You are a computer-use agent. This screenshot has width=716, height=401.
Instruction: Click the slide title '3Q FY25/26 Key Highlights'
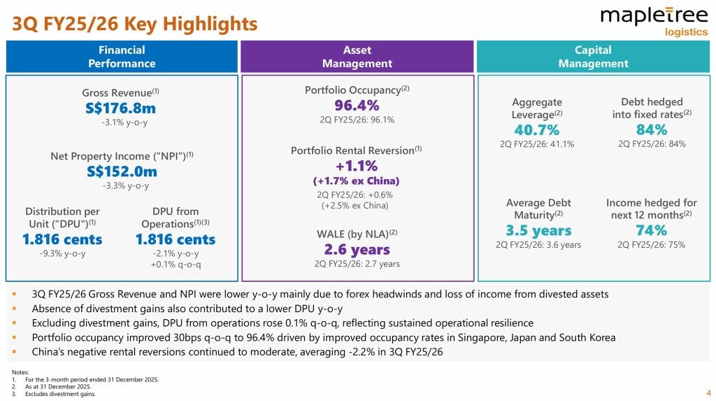[x=135, y=24]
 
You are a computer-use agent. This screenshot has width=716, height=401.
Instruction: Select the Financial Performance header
[x=122, y=57]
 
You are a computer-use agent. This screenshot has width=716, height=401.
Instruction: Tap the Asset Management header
[x=357, y=57]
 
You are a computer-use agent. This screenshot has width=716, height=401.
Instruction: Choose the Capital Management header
[x=593, y=57]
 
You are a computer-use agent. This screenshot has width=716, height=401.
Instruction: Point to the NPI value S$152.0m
[x=122, y=171]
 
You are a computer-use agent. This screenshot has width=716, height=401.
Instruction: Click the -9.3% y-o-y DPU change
[x=63, y=253]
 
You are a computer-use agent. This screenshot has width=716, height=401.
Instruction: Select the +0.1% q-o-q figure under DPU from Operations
[x=175, y=264]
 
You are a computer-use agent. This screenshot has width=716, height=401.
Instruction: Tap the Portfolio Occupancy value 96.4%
[x=357, y=105]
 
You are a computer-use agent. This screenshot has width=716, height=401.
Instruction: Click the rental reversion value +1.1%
[x=357, y=166]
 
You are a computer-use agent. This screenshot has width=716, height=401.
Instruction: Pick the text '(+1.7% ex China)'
[x=357, y=181]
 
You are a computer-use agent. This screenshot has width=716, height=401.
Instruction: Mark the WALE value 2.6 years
[x=357, y=249]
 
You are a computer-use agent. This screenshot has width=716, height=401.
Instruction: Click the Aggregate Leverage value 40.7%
[x=537, y=129]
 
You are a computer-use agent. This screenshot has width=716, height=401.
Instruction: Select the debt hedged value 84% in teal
[x=652, y=129]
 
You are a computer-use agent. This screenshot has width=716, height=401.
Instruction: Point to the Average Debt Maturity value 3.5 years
[x=538, y=230]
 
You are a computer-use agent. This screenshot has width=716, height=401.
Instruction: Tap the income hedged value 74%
[x=652, y=230]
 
